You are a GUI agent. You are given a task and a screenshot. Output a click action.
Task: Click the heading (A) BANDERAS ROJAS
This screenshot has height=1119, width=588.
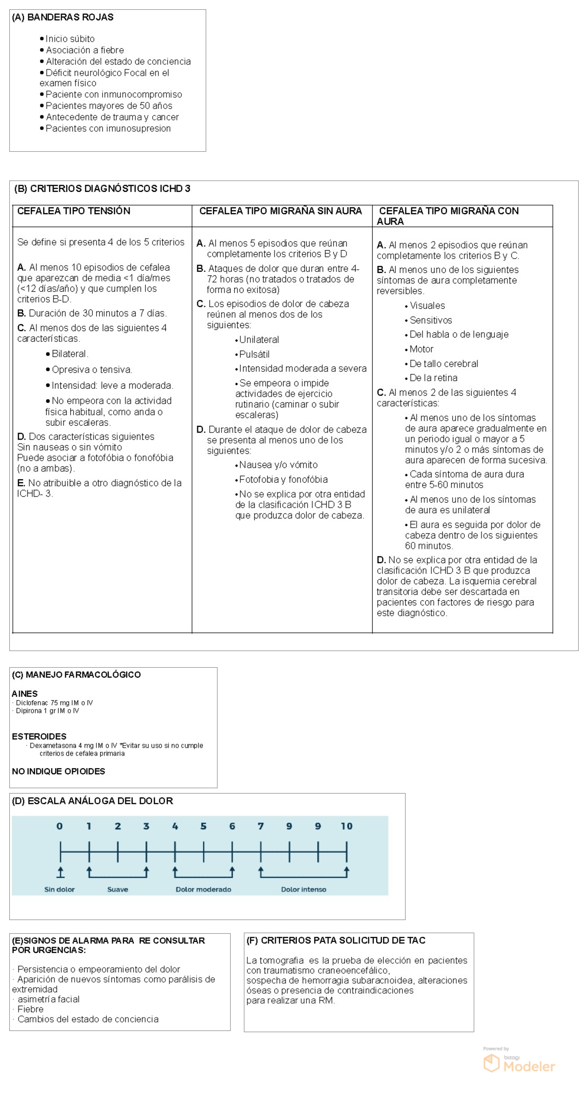(63, 17)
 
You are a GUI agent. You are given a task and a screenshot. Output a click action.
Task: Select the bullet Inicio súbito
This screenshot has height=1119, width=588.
(70, 39)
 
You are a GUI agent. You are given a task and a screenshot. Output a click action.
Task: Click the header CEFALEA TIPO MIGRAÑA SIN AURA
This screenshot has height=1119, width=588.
(280, 211)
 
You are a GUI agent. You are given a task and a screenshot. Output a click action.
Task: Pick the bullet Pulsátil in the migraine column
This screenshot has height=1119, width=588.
(254, 354)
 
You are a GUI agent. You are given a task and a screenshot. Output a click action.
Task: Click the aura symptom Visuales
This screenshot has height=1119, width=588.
(427, 305)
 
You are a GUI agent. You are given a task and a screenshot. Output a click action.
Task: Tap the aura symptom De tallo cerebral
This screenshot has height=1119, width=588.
(443, 364)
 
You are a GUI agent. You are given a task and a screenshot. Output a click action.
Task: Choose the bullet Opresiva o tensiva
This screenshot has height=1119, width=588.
(92, 370)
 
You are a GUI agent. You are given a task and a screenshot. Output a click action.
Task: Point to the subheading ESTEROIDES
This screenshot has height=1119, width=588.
(39, 736)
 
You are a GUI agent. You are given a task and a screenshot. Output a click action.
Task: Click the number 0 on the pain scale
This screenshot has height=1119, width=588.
(59, 826)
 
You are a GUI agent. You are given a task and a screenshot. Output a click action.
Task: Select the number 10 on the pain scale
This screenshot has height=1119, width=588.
(346, 826)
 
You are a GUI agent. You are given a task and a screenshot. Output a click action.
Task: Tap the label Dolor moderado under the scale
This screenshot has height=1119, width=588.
(203, 889)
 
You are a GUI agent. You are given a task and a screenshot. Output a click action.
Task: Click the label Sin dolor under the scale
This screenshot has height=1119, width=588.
(59, 889)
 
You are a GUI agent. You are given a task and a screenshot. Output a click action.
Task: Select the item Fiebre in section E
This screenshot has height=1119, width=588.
(30, 1009)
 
